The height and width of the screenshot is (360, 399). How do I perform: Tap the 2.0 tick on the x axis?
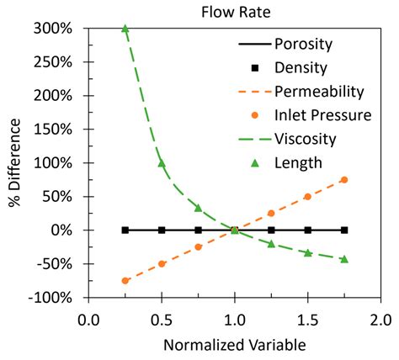[x=380, y=320]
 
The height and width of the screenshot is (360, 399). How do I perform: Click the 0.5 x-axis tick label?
[x=161, y=320]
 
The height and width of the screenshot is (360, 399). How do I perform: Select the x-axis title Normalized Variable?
[x=234, y=345]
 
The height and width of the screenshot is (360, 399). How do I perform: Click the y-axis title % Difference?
[x=12, y=163]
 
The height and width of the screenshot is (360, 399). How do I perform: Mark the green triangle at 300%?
[x=125, y=28]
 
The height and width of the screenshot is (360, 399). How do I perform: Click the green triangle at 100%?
[x=162, y=162]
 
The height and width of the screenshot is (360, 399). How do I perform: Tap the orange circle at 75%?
[x=344, y=180]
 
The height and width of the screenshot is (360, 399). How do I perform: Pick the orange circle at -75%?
[x=125, y=281]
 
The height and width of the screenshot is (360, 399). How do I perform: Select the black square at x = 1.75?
[x=344, y=230]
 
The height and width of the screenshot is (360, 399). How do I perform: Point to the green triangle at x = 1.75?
[x=344, y=259]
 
